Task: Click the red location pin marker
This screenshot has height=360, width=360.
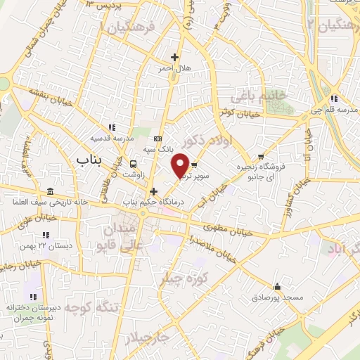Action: click(180, 165)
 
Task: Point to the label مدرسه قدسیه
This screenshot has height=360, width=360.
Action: click(111, 139)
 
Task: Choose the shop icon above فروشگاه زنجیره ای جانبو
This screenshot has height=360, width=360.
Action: click(262, 157)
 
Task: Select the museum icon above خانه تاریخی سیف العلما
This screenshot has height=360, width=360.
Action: click(50, 192)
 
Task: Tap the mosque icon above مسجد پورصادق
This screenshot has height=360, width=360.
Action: click(278, 286)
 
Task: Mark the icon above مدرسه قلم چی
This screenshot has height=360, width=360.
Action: click(335, 99)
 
